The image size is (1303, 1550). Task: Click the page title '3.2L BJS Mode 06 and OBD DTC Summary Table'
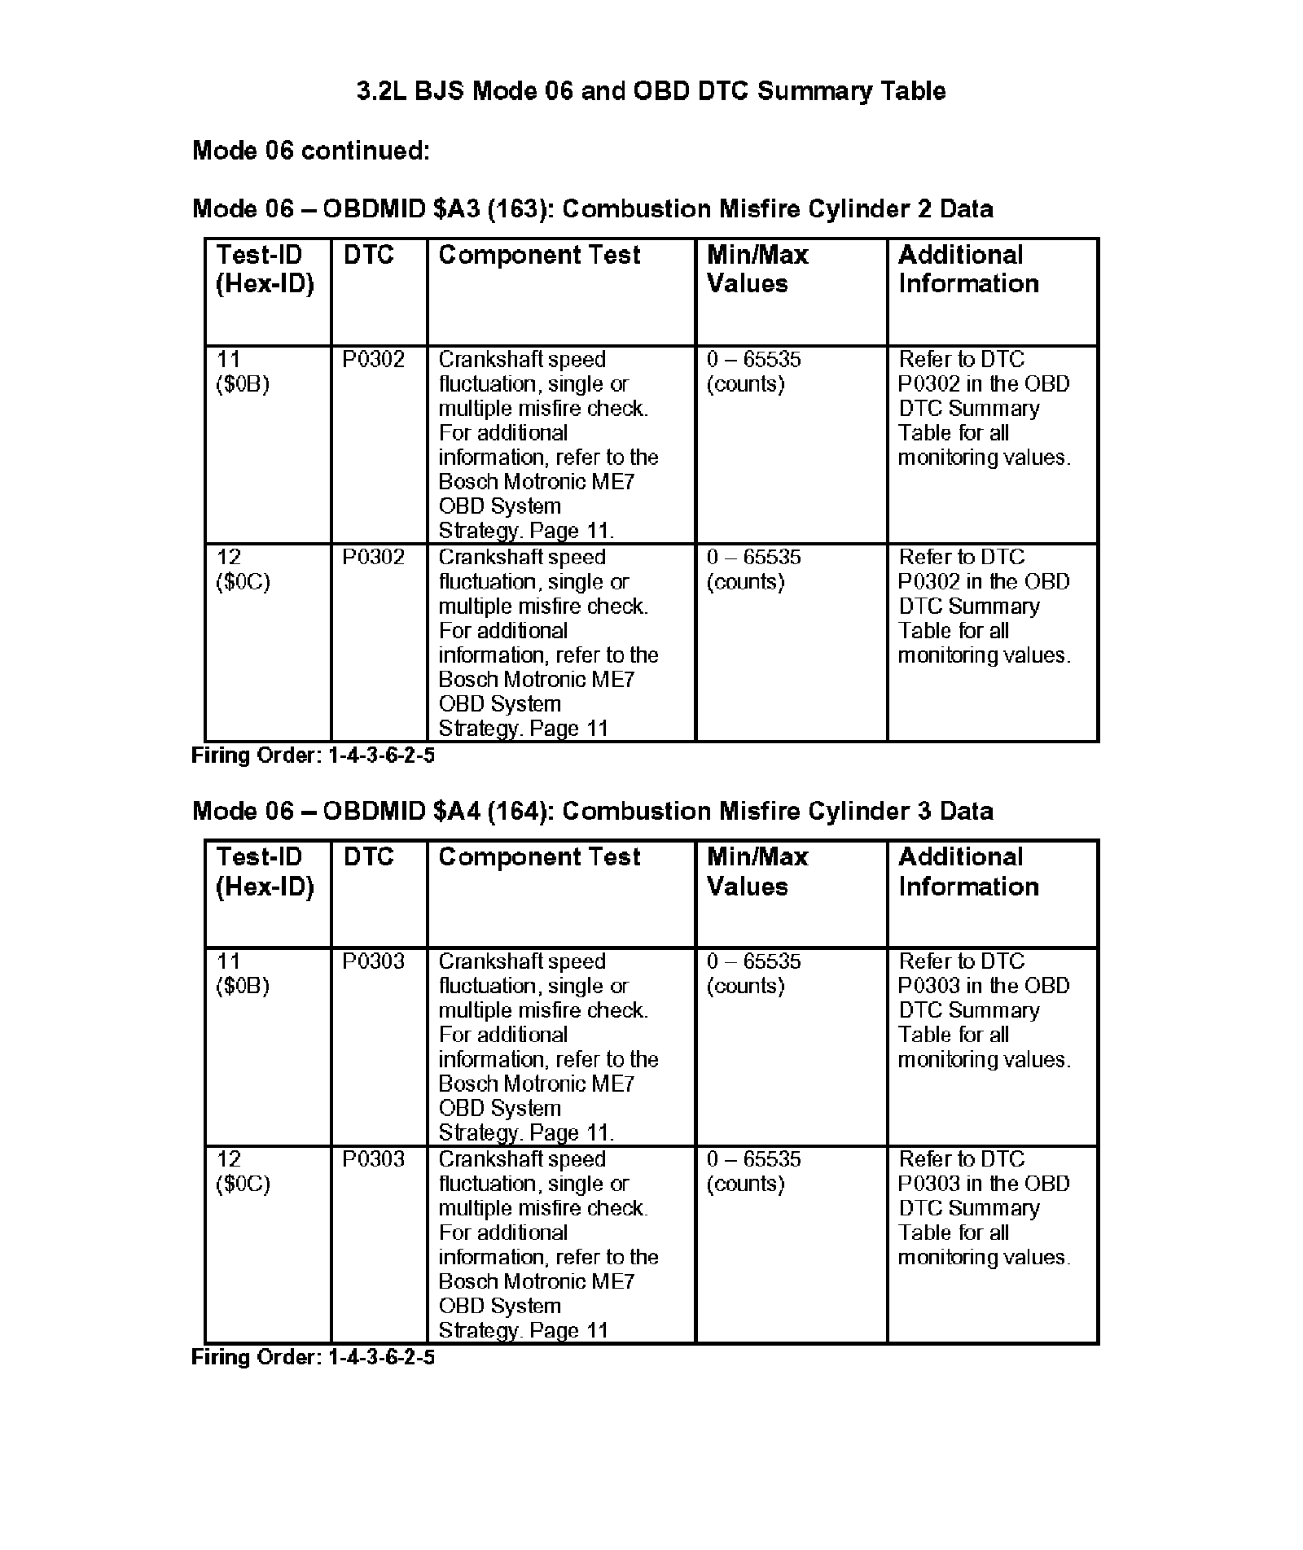651,90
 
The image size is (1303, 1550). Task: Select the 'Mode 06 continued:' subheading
310,151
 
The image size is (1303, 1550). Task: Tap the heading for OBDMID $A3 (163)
592,209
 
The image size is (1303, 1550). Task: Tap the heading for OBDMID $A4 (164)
592,811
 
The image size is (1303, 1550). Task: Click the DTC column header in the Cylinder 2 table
368,256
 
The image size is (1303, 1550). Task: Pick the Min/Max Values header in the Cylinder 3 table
757,871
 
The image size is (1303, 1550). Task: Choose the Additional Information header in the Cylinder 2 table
968,269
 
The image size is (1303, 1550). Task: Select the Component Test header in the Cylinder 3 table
539,857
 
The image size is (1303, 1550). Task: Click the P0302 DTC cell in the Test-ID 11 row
373,360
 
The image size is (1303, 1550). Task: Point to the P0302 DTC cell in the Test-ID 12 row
373,558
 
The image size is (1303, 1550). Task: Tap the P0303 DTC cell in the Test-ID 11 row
373,961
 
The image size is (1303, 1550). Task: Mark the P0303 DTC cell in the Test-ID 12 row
373,1159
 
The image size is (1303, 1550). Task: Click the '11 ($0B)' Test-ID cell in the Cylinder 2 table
243,372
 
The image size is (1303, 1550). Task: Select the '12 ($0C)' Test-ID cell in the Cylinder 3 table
243,1171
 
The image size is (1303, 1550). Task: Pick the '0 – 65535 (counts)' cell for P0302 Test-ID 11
753,372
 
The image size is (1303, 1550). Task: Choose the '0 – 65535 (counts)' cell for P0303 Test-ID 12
753,1171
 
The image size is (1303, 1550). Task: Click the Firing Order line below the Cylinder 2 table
313,755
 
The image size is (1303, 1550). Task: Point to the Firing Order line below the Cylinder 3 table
313,1357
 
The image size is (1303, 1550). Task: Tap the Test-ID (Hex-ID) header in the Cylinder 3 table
265,871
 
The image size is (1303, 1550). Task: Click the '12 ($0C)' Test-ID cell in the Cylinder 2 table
243,570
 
